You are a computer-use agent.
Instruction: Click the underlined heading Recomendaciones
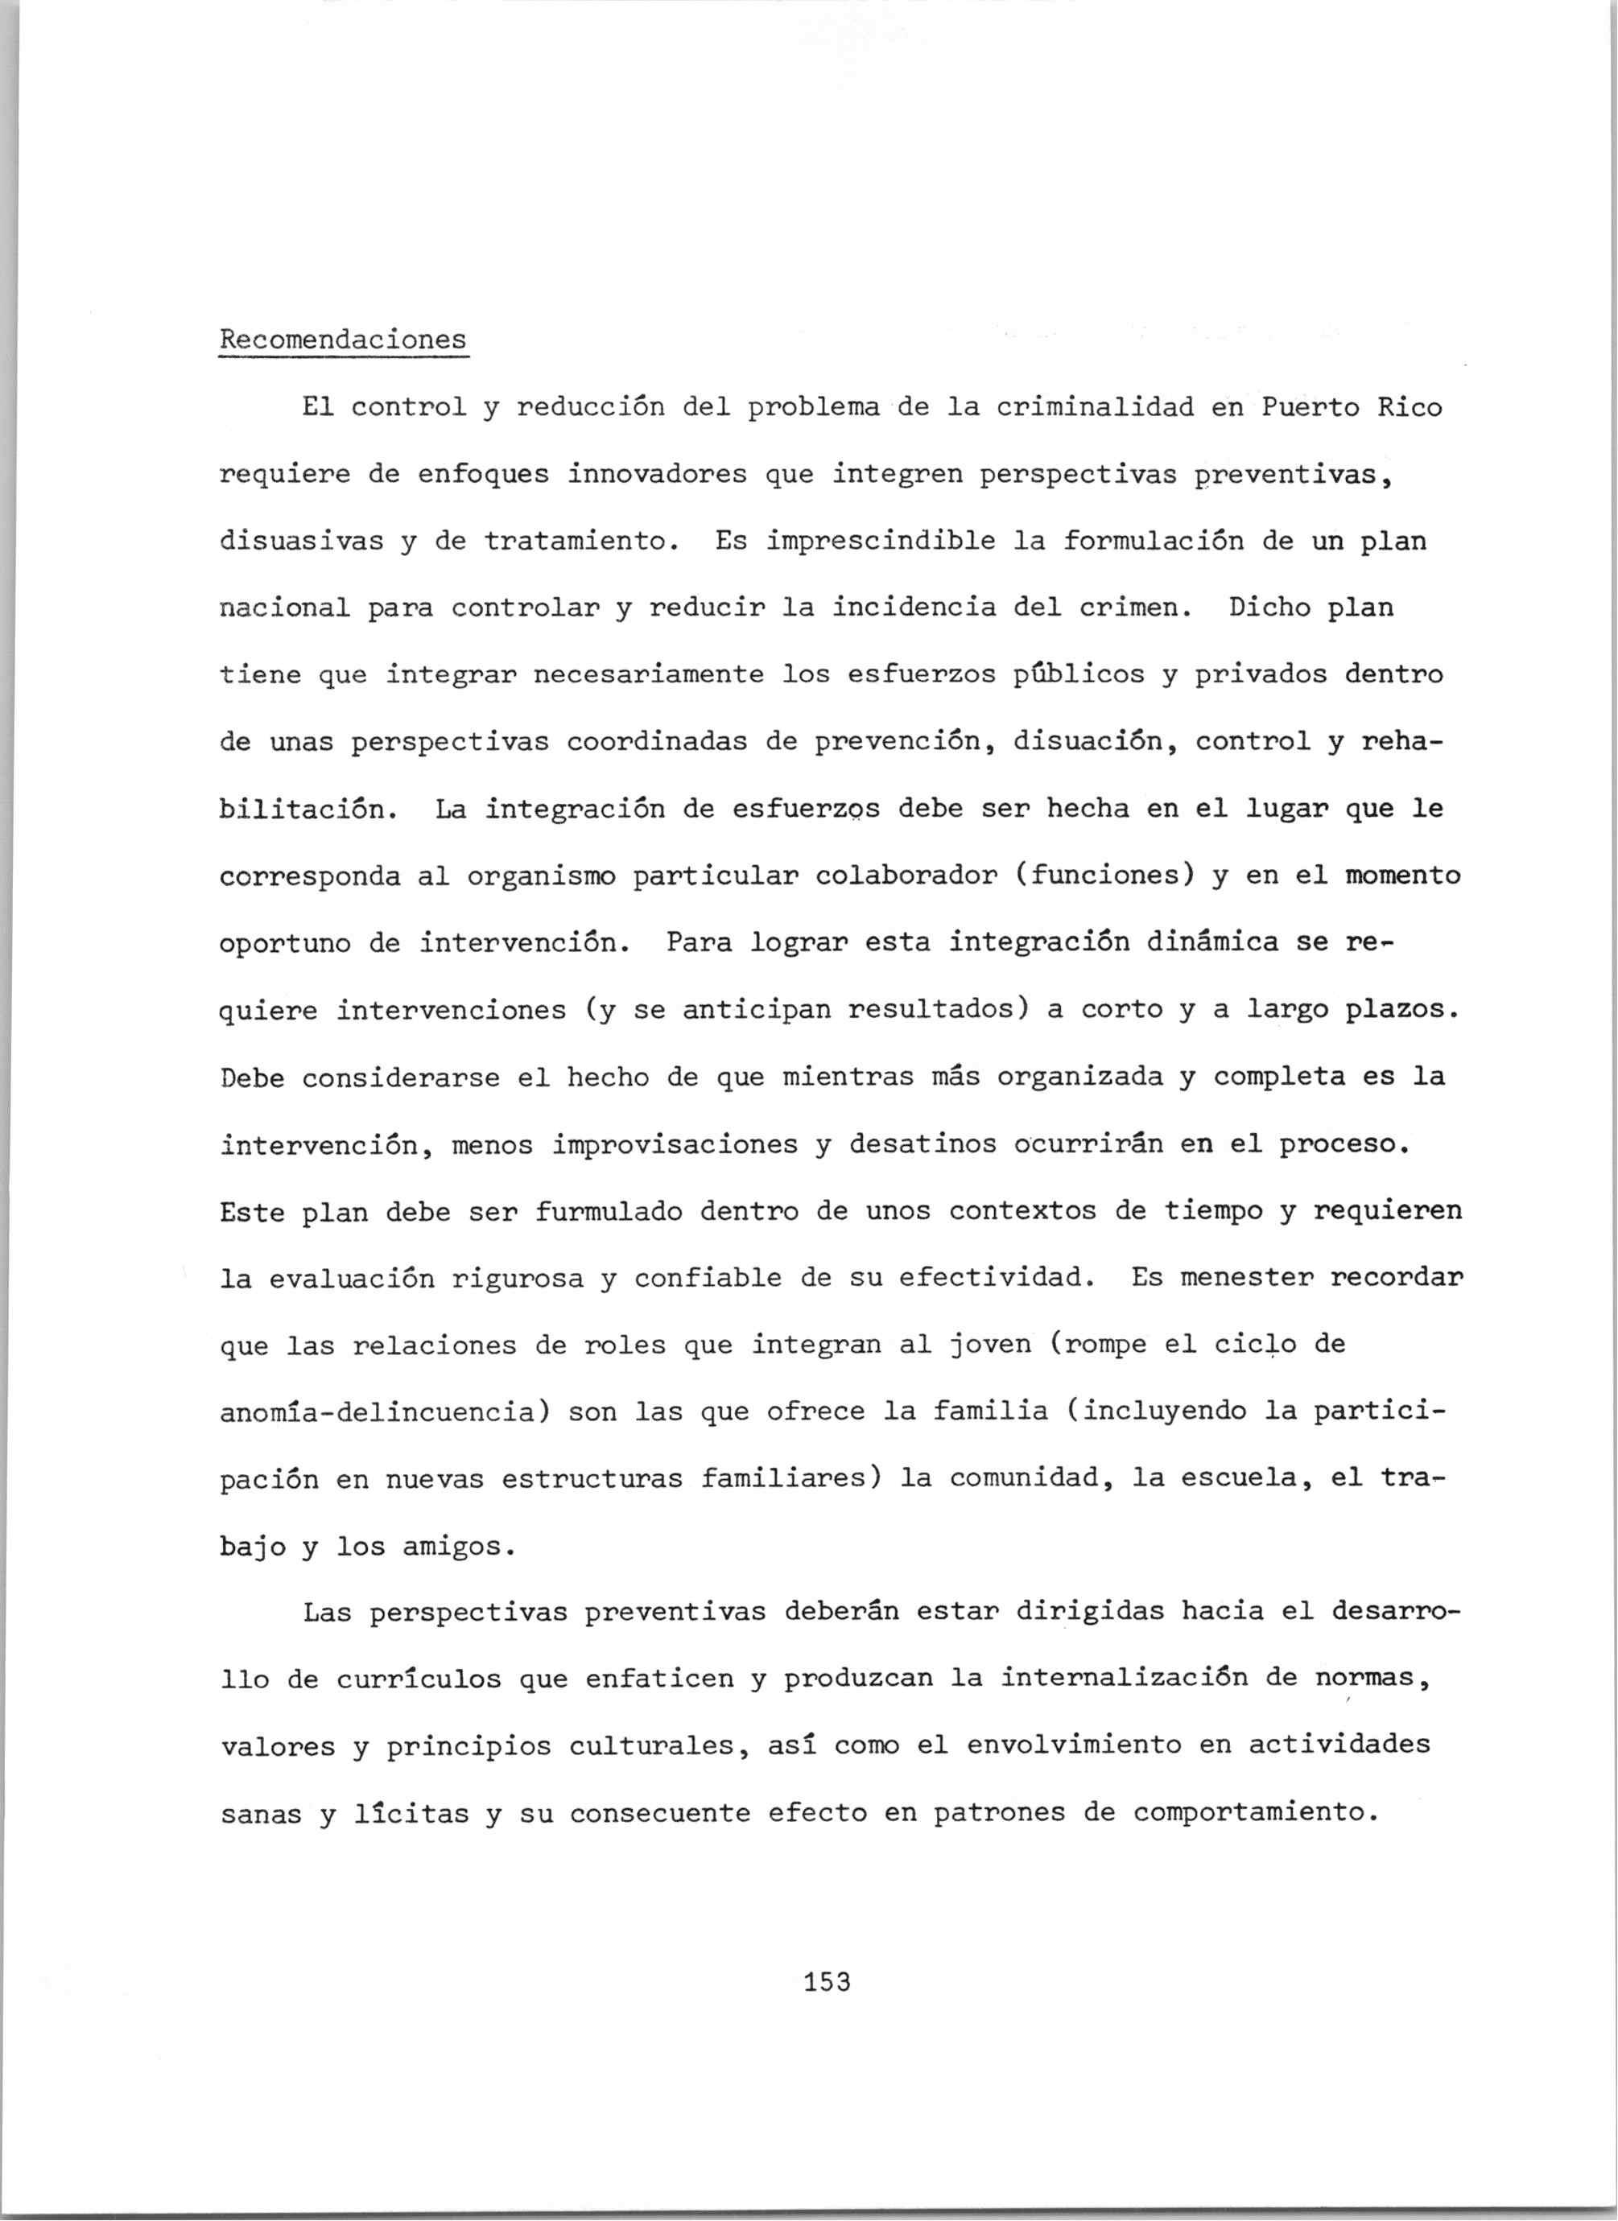click(x=343, y=340)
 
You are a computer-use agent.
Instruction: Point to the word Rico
click(x=1410, y=406)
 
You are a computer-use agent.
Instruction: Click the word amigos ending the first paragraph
click(x=451, y=1547)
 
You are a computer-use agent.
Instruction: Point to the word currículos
click(x=419, y=1679)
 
